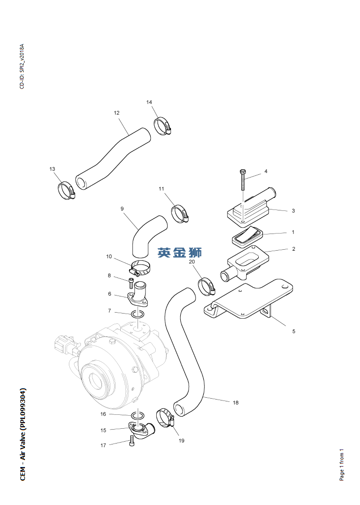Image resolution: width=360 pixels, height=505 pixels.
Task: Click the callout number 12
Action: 116,112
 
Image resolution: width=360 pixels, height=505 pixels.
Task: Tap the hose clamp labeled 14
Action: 162,125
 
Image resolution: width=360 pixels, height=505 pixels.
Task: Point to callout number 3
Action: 293,211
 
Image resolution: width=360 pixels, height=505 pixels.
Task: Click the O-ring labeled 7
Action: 136,315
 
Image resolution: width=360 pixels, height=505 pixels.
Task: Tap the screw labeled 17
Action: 133,443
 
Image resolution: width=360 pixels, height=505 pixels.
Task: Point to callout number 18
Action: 236,403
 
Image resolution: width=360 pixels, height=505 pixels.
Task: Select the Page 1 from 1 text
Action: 342,464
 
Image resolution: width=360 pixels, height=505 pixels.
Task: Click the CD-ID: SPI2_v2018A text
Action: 21,67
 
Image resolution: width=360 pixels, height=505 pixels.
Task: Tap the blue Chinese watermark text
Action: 180,252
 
